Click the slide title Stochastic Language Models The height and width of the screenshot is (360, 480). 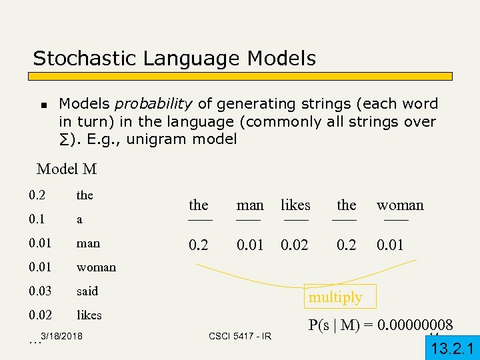[x=174, y=59]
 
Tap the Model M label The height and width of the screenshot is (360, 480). [x=67, y=169]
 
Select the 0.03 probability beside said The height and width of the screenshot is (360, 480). [x=40, y=291]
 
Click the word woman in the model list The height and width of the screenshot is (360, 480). [x=96, y=267]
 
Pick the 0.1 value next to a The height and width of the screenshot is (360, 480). [x=37, y=219]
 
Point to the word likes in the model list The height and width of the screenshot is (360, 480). [x=89, y=315]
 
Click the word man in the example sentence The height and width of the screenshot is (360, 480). [x=250, y=205]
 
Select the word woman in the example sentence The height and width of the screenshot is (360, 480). [x=400, y=205]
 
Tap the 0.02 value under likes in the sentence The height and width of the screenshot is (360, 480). [x=295, y=245]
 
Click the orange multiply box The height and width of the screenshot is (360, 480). [x=335, y=297]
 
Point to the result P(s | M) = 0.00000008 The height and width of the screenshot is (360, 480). [x=381, y=325]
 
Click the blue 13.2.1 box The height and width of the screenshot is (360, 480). [x=453, y=347]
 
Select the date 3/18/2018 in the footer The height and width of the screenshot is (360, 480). [x=61, y=337]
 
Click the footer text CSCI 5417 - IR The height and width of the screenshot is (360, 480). [x=240, y=336]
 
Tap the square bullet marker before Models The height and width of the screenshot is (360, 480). [x=43, y=105]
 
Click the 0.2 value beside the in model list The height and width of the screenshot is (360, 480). [x=37, y=195]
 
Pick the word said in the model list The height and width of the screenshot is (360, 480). [x=87, y=291]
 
